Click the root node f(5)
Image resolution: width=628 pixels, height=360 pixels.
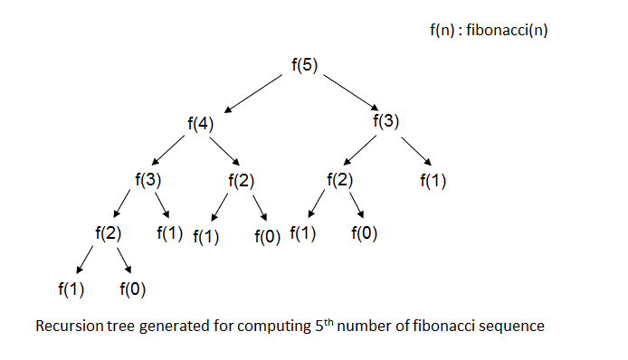304,65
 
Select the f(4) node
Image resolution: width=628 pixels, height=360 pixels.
199,125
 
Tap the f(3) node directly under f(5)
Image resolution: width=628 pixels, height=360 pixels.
386,119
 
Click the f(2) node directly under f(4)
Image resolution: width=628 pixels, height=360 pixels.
241,179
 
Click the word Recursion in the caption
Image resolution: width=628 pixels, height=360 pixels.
66,326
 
